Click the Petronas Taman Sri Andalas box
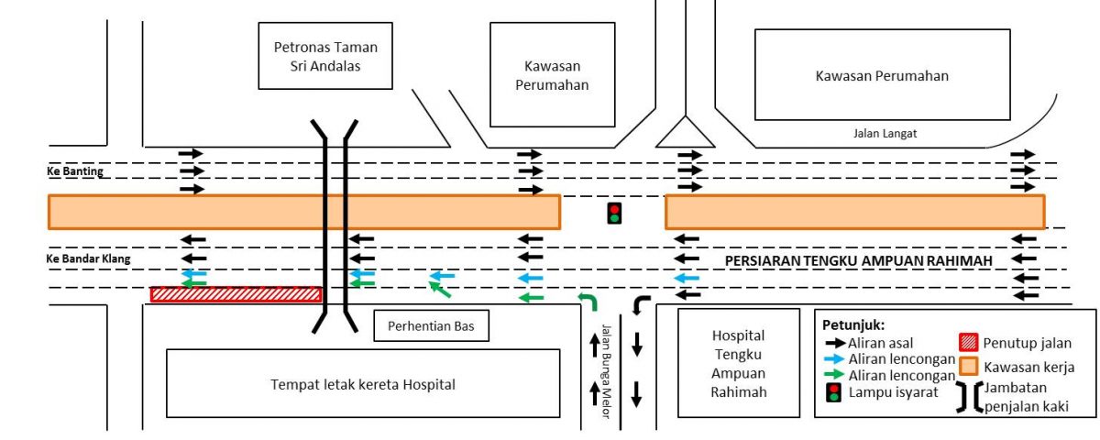coord(325,56)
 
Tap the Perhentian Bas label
coord(431,325)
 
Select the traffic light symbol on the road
coord(614,214)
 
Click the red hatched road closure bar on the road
coord(236,294)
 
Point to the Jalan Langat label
coord(885,134)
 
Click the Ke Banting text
coord(75,171)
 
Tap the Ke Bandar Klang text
coord(88,259)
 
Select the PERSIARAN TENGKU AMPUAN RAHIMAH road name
coord(859,261)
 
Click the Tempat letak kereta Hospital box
coord(362,383)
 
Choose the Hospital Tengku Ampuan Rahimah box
coord(738,364)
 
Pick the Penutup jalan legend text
coord(1028,344)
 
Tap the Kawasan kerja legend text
coord(1029,367)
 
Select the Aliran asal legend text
coord(881,343)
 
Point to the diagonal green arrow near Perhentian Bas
coord(441,291)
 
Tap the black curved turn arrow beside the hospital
coord(641,304)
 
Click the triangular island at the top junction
coord(685,133)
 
